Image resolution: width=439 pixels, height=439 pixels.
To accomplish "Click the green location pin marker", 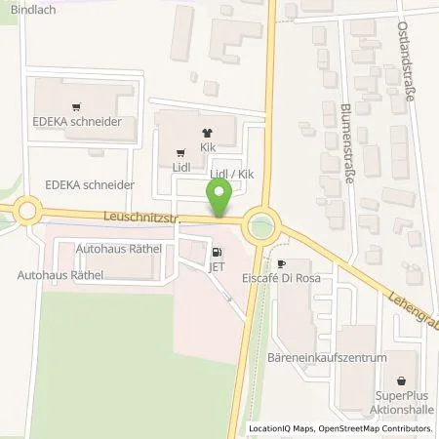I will [x=220, y=203].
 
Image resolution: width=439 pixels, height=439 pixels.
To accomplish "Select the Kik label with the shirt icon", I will [x=207, y=146].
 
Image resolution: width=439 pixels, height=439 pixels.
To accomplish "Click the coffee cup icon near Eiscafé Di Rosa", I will [x=282, y=263].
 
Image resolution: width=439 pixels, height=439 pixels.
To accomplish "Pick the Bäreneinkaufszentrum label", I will [x=326, y=358].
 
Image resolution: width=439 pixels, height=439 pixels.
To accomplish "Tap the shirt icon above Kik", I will [x=206, y=134].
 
